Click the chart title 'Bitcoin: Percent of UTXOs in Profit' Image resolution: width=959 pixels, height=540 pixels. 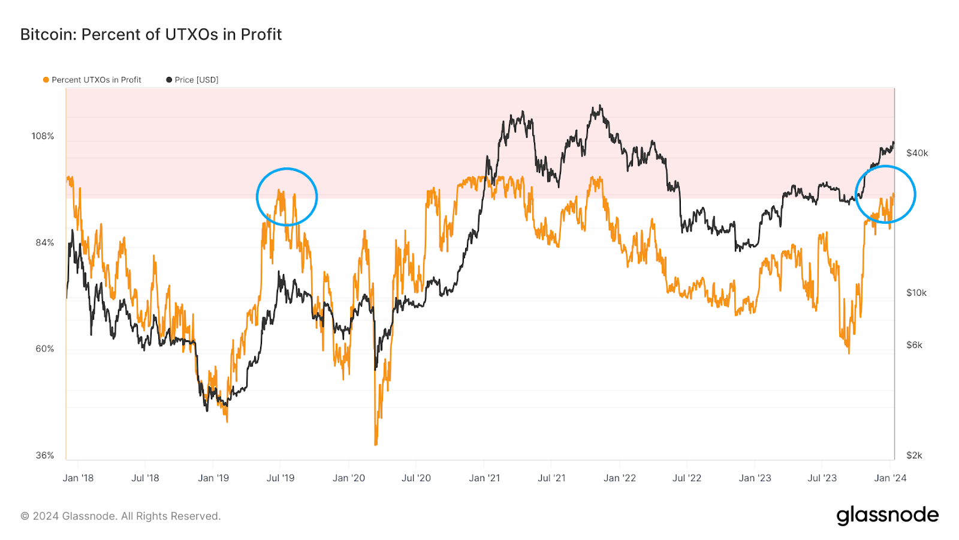151,34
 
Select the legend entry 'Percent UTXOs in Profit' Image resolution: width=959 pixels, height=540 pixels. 96,80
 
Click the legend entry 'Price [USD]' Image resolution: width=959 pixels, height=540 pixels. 196,80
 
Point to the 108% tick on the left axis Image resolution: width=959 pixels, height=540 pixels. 43,136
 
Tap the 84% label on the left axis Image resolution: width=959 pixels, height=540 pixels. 44,242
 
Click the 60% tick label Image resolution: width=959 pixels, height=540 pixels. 44,349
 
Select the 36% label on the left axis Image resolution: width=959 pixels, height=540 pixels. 44,455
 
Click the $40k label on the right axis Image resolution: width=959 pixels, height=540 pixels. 916,153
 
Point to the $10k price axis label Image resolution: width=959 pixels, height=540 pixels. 916,293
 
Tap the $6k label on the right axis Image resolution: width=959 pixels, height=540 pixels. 914,345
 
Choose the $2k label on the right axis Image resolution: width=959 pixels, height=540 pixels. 914,455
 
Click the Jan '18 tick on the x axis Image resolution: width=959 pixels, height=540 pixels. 78,478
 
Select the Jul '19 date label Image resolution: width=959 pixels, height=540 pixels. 281,478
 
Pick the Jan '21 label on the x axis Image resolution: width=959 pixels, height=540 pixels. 484,478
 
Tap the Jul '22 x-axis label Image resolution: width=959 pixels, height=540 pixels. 686,478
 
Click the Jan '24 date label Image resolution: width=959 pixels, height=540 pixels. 890,478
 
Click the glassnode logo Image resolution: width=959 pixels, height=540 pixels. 887,515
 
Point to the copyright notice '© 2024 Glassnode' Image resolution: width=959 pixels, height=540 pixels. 120,516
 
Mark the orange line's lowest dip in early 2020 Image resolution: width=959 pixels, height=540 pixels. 376,443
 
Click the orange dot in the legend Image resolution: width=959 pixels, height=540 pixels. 46,80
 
